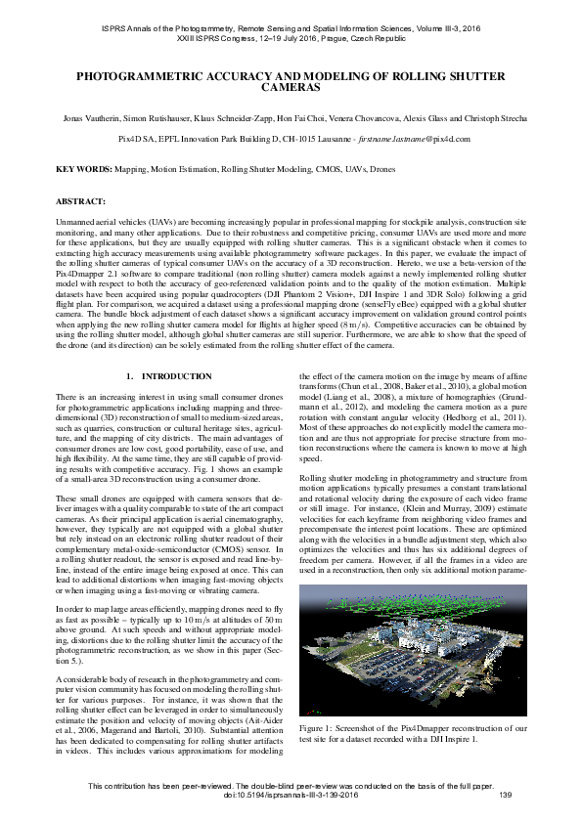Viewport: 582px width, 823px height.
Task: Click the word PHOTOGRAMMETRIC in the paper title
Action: coord(143,74)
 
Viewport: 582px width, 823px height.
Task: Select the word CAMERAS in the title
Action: coord(291,86)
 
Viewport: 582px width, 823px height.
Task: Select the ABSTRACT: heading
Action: coord(80,200)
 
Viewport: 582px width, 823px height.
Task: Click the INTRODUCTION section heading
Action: coord(176,376)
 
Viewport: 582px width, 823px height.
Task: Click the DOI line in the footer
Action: coord(291,794)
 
